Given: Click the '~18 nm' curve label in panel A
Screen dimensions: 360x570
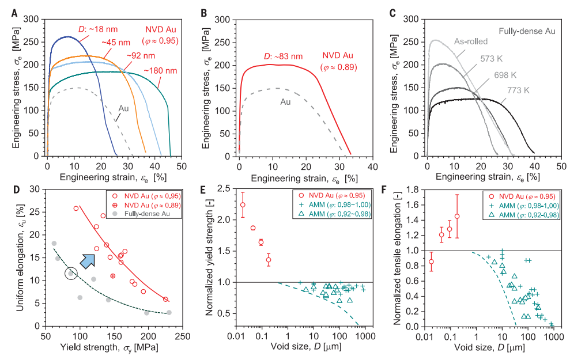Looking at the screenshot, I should (x=93, y=29).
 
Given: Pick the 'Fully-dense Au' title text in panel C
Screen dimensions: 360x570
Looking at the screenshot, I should (x=526, y=31).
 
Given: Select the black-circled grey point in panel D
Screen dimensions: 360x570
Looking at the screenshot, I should (x=70, y=273).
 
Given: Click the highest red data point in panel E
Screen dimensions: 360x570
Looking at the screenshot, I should (x=243, y=204).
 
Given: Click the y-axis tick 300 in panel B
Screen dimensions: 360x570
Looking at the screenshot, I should (x=225, y=20).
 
